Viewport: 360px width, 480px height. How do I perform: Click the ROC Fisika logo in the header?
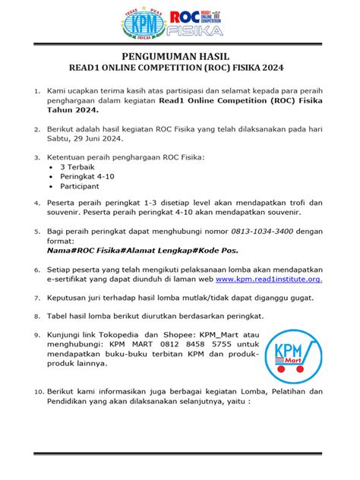coord(196,24)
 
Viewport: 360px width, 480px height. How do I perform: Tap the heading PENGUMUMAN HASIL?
coord(180,58)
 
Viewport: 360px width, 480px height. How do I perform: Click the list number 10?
coord(38,392)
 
